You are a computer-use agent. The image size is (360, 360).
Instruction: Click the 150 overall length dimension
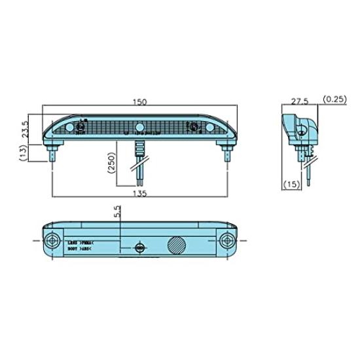139,101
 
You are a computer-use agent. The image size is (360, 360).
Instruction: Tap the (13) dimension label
24,154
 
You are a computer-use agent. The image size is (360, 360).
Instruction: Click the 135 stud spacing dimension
139,194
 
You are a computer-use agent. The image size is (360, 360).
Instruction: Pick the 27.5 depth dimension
300,101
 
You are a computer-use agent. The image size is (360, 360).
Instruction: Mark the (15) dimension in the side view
291,185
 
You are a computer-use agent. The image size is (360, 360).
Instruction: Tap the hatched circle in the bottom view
177,245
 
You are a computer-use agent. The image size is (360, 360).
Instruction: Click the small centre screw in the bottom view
139,247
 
